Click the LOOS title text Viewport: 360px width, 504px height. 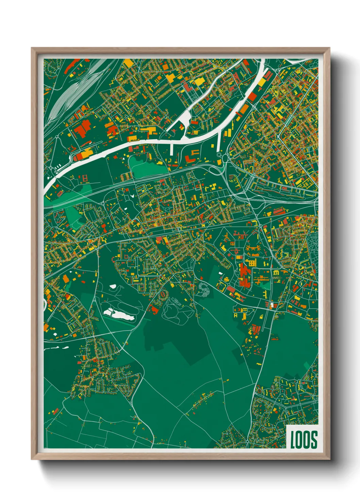(x=304, y=439)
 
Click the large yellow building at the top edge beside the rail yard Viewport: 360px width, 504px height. (x=128, y=63)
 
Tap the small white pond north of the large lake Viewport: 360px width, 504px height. (x=113, y=286)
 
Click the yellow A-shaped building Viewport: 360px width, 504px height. (x=235, y=315)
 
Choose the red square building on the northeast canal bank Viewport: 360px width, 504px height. (x=252, y=97)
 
